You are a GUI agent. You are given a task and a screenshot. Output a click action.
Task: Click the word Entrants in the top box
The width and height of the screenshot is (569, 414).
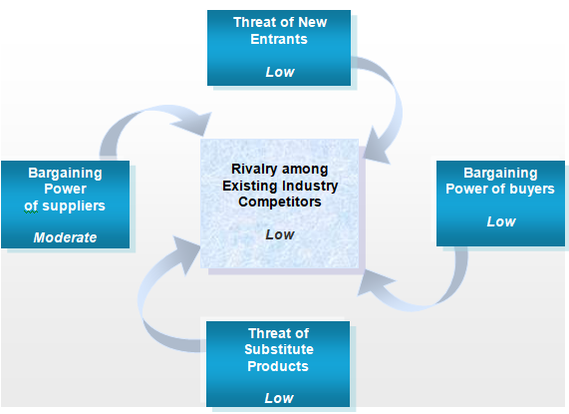point(279,39)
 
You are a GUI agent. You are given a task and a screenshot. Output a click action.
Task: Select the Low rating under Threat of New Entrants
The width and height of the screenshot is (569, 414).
point(280,72)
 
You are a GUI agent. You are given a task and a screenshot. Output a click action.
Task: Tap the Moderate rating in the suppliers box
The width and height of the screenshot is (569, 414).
point(66,237)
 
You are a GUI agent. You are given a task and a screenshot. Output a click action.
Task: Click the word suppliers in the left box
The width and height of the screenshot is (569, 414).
point(74,207)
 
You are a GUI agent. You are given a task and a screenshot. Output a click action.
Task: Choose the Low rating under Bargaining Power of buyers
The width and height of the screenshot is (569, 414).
point(501,221)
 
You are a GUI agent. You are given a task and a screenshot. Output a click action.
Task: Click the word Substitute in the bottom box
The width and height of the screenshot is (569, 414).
point(279,349)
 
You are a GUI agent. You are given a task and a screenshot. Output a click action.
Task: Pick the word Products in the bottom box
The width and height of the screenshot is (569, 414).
point(278,366)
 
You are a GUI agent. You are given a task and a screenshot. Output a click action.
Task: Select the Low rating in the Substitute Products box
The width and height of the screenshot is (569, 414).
point(279,398)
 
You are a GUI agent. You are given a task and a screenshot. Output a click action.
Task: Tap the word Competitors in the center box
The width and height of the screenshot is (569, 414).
point(280,202)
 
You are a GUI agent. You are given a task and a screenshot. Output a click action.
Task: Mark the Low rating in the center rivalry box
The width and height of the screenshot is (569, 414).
point(280,234)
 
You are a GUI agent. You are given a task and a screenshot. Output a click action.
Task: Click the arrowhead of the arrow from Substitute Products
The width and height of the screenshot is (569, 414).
point(187,252)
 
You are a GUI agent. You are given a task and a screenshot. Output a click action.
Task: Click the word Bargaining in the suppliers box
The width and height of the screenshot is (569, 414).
point(66,174)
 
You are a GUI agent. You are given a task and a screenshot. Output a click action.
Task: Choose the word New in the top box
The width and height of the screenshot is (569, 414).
point(312,22)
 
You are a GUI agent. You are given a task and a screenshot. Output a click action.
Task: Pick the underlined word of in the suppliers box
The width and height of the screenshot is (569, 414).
point(31,207)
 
